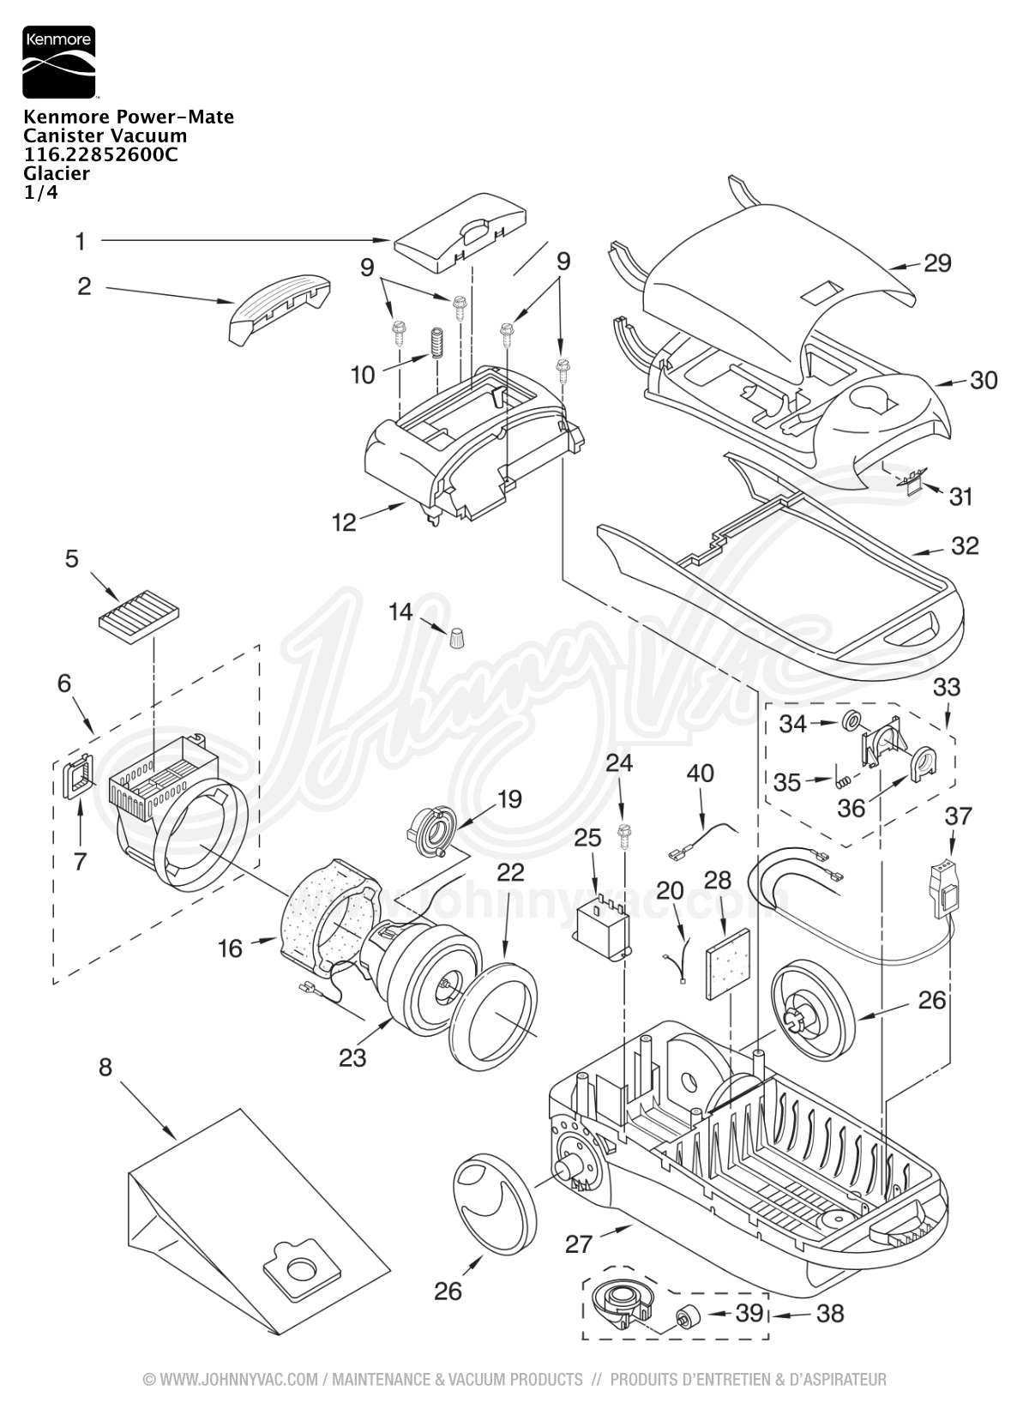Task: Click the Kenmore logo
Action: coord(59,62)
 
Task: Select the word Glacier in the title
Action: coord(57,173)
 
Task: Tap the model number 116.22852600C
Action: coord(100,154)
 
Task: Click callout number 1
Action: coord(81,241)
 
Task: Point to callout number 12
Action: coord(345,522)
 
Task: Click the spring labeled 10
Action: coord(436,342)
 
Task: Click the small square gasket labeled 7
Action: coord(78,776)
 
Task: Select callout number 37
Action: coord(958,816)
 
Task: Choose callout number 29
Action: coord(937,263)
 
